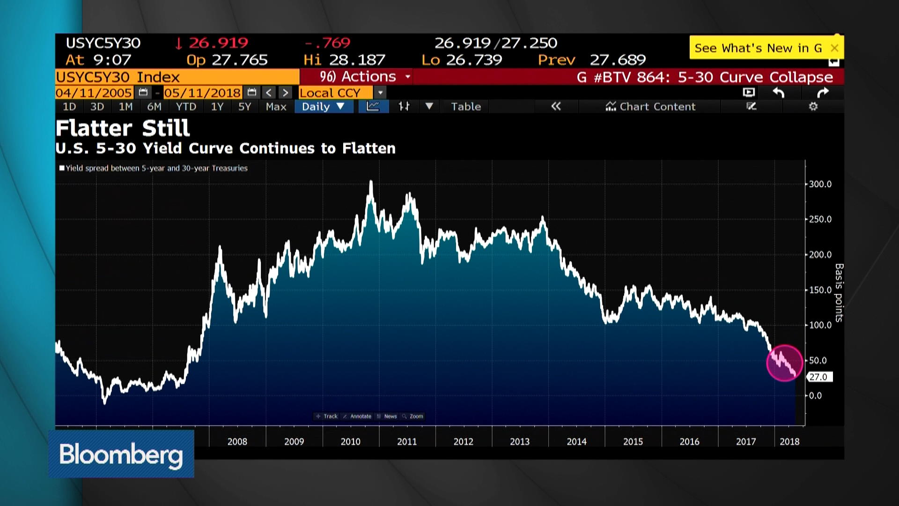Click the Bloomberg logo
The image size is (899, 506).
click(x=121, y=454)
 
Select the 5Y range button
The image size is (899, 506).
click(x=244, y=107)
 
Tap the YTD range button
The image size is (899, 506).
click(x=186, y=107)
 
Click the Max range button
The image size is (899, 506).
click(x=276, y=107)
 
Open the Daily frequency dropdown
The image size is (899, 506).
click(x=323, y=107)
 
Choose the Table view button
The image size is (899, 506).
click(x=465, y=107)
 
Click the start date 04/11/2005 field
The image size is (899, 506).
click(x=94, y=93)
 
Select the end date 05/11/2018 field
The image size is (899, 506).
click(x=202, y=93)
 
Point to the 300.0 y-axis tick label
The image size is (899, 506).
click(x=820, y=184)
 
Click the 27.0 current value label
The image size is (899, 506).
click(x=819, y=377)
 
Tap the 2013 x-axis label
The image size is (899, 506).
click(x=519, y=441)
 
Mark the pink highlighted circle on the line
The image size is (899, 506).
click(x=784, y=363)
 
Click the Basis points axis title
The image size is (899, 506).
click(x=839, y=293)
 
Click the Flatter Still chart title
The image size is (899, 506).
click(x=123, y=128)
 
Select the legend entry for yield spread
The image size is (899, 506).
click(x=155, y=168)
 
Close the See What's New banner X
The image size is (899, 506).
click(x=834, y=48)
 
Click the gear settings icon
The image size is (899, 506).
click(x=813, y=107)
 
